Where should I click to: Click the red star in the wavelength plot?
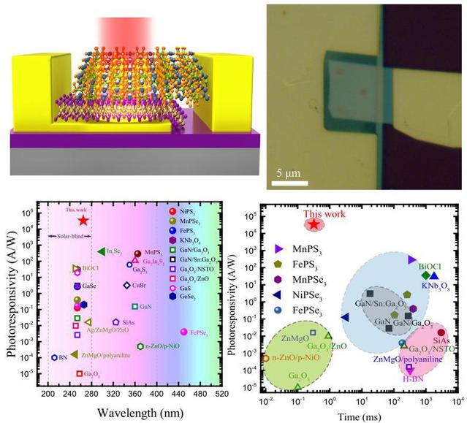pyautogui.click(x=84, y=220)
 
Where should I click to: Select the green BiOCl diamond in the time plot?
pyautogui.click(x=425, y=275)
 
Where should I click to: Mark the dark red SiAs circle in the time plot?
pyautogui.click(x=441, y=333)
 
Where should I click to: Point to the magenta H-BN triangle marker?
pyautogui.click(x=410, y=369)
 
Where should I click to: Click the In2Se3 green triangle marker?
pyautogui.click(x=101, y=252)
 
